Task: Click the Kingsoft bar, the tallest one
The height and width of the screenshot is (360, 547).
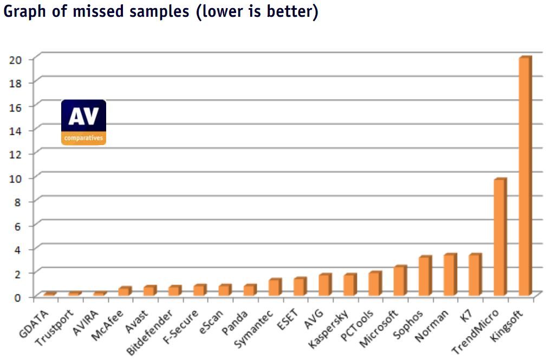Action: (x=524, y=176)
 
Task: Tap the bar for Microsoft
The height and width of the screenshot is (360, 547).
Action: (x=399, y=281)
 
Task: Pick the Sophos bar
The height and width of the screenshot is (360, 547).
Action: (x=424, y=276)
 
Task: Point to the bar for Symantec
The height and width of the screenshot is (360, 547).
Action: (x=274, y=287)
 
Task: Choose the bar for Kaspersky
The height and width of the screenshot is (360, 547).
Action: (x=349, y=285)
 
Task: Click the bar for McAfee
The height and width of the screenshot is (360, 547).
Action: (x=124, y=291)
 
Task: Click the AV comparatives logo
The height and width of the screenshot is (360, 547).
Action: (x=83, y=122)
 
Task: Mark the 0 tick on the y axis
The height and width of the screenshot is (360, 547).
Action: (x=17, y=297)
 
